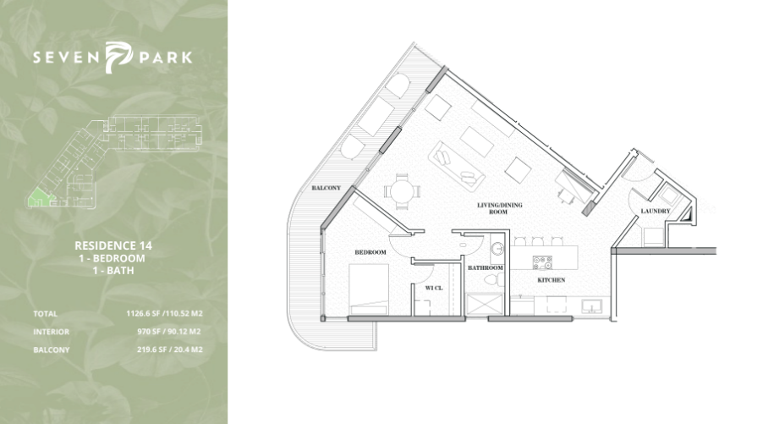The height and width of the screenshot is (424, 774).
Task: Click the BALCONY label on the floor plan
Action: tap(327, 188)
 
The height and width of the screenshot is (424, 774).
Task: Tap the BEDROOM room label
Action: tap(371, 252)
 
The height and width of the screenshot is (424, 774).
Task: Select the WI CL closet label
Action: tap(434, 288)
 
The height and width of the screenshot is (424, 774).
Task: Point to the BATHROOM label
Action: tap(486, 268)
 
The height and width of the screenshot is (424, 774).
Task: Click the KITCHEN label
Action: tap(552, 280)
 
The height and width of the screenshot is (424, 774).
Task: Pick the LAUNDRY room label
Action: tap(656, 212)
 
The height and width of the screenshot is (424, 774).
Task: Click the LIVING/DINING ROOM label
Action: tap(499, 208)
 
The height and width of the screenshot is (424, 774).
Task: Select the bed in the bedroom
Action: tap(369, 289)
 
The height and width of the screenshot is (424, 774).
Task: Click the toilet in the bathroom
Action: tap(494, 280)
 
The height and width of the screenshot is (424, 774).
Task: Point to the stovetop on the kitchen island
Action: tap(542, 262)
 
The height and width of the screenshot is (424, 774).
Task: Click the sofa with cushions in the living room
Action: tap(456, 165)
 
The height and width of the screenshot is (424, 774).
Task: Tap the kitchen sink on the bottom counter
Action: tap(591, 306)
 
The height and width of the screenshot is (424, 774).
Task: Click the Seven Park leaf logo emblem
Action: tap(118, 57)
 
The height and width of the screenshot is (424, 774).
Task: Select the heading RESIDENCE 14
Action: tap(113, 245)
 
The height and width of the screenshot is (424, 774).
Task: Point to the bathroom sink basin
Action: tap(498, 249)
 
